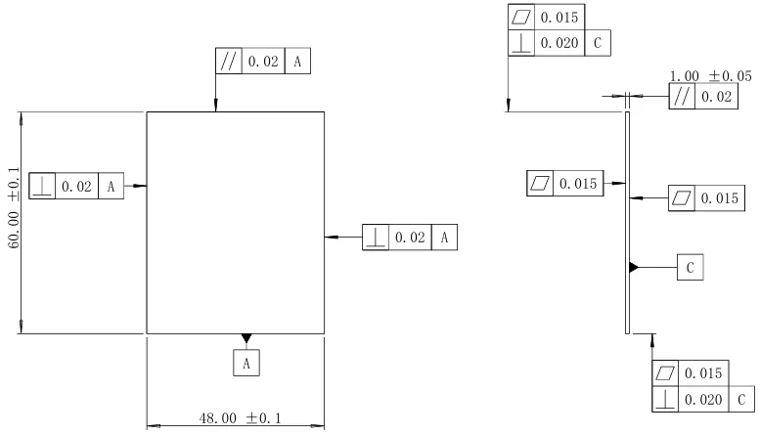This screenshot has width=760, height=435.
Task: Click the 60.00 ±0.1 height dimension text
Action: (x=14, y=208)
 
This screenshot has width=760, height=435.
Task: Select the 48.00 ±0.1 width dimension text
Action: (x=240, y=418)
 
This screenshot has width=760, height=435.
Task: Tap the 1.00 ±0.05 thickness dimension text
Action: (x=710, y=76)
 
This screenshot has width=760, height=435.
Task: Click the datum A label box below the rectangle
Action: (x=246, y=363)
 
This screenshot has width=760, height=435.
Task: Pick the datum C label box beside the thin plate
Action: (x=691, y=267)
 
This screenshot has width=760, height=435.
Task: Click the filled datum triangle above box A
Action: (x=246, y=338)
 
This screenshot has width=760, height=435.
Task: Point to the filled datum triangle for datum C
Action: (x=634, y=267)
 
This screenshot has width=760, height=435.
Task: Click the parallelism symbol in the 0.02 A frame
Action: (x=228, y=61)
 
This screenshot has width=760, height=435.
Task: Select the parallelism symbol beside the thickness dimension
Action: (x=682, y=97)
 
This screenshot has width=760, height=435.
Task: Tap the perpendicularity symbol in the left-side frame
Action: (x=42, y=186)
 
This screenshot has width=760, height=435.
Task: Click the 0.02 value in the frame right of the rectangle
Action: (x=410, y=238)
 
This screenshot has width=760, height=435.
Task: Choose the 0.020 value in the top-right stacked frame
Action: (x=559, y=43)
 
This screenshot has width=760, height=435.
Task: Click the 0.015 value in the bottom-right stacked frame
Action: (x=703, y=373)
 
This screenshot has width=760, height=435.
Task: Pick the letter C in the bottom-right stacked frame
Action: (x=741, y=400)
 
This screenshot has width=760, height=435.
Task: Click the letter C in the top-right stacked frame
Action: (x=598, y=43)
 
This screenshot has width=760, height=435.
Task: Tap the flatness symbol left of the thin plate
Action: (x=540, y=183)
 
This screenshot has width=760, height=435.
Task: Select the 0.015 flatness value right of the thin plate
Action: (x=720, y=198)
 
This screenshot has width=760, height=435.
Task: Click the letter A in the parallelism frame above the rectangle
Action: (x=297, y=62)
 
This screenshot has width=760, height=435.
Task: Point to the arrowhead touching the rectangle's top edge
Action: (x=216, y=106)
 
